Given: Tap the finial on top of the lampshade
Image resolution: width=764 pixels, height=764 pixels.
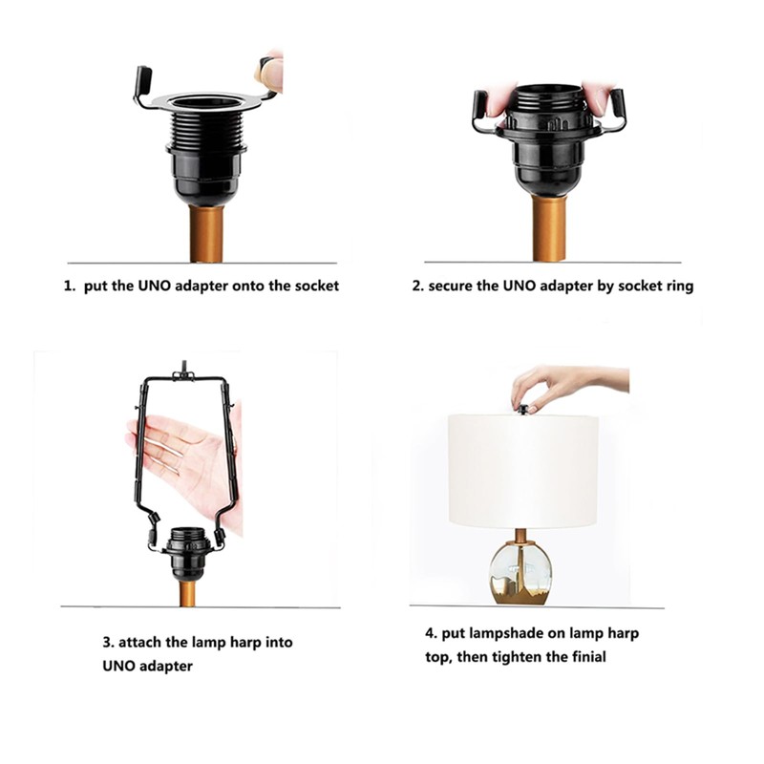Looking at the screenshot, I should (524, 410).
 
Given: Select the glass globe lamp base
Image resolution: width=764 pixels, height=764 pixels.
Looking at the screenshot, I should (521, 573).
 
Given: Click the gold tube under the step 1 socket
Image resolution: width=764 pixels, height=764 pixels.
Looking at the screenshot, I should (206, 234).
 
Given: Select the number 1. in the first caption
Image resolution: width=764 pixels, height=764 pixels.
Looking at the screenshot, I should (70, 286).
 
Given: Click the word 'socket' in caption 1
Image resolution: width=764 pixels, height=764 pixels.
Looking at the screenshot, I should (314, 286).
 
